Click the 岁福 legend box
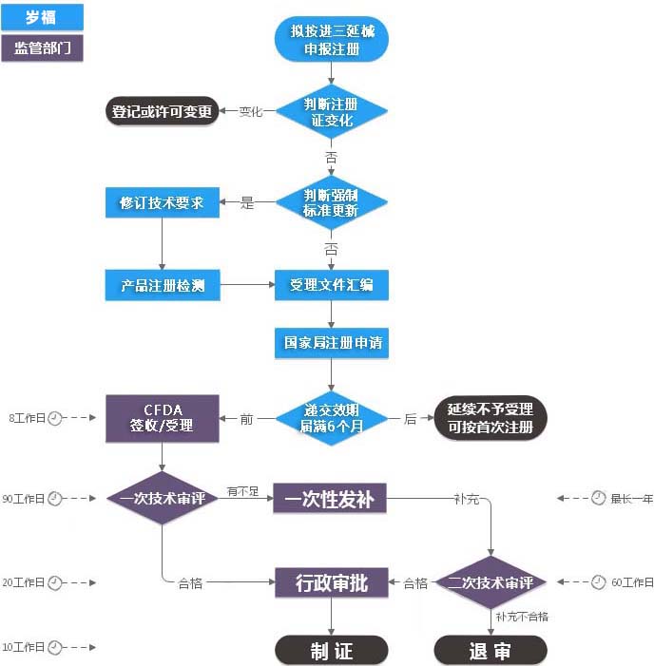tap(43, 16)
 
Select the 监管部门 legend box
tap(43, 48)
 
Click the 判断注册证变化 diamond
tap(331, 112)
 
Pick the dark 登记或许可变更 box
tap(162, 111)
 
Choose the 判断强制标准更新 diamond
tap(331, 202)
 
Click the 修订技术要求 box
tap(162, 202)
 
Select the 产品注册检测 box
tap(162, 284)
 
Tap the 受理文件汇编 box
tap(331, 284)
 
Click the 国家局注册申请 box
tap(331, 342)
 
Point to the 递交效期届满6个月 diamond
tap(331, 418)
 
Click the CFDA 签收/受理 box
tap(162, 418)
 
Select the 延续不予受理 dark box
tap(490, 418)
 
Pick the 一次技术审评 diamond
tap(162, 498)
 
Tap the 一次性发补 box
tap(331, 498)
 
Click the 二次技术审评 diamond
tap(490, 582)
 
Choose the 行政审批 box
tap(331, 582)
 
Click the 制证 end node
tap(331, 650)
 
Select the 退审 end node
tap(490, 650)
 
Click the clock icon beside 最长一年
tap(598, 498)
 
